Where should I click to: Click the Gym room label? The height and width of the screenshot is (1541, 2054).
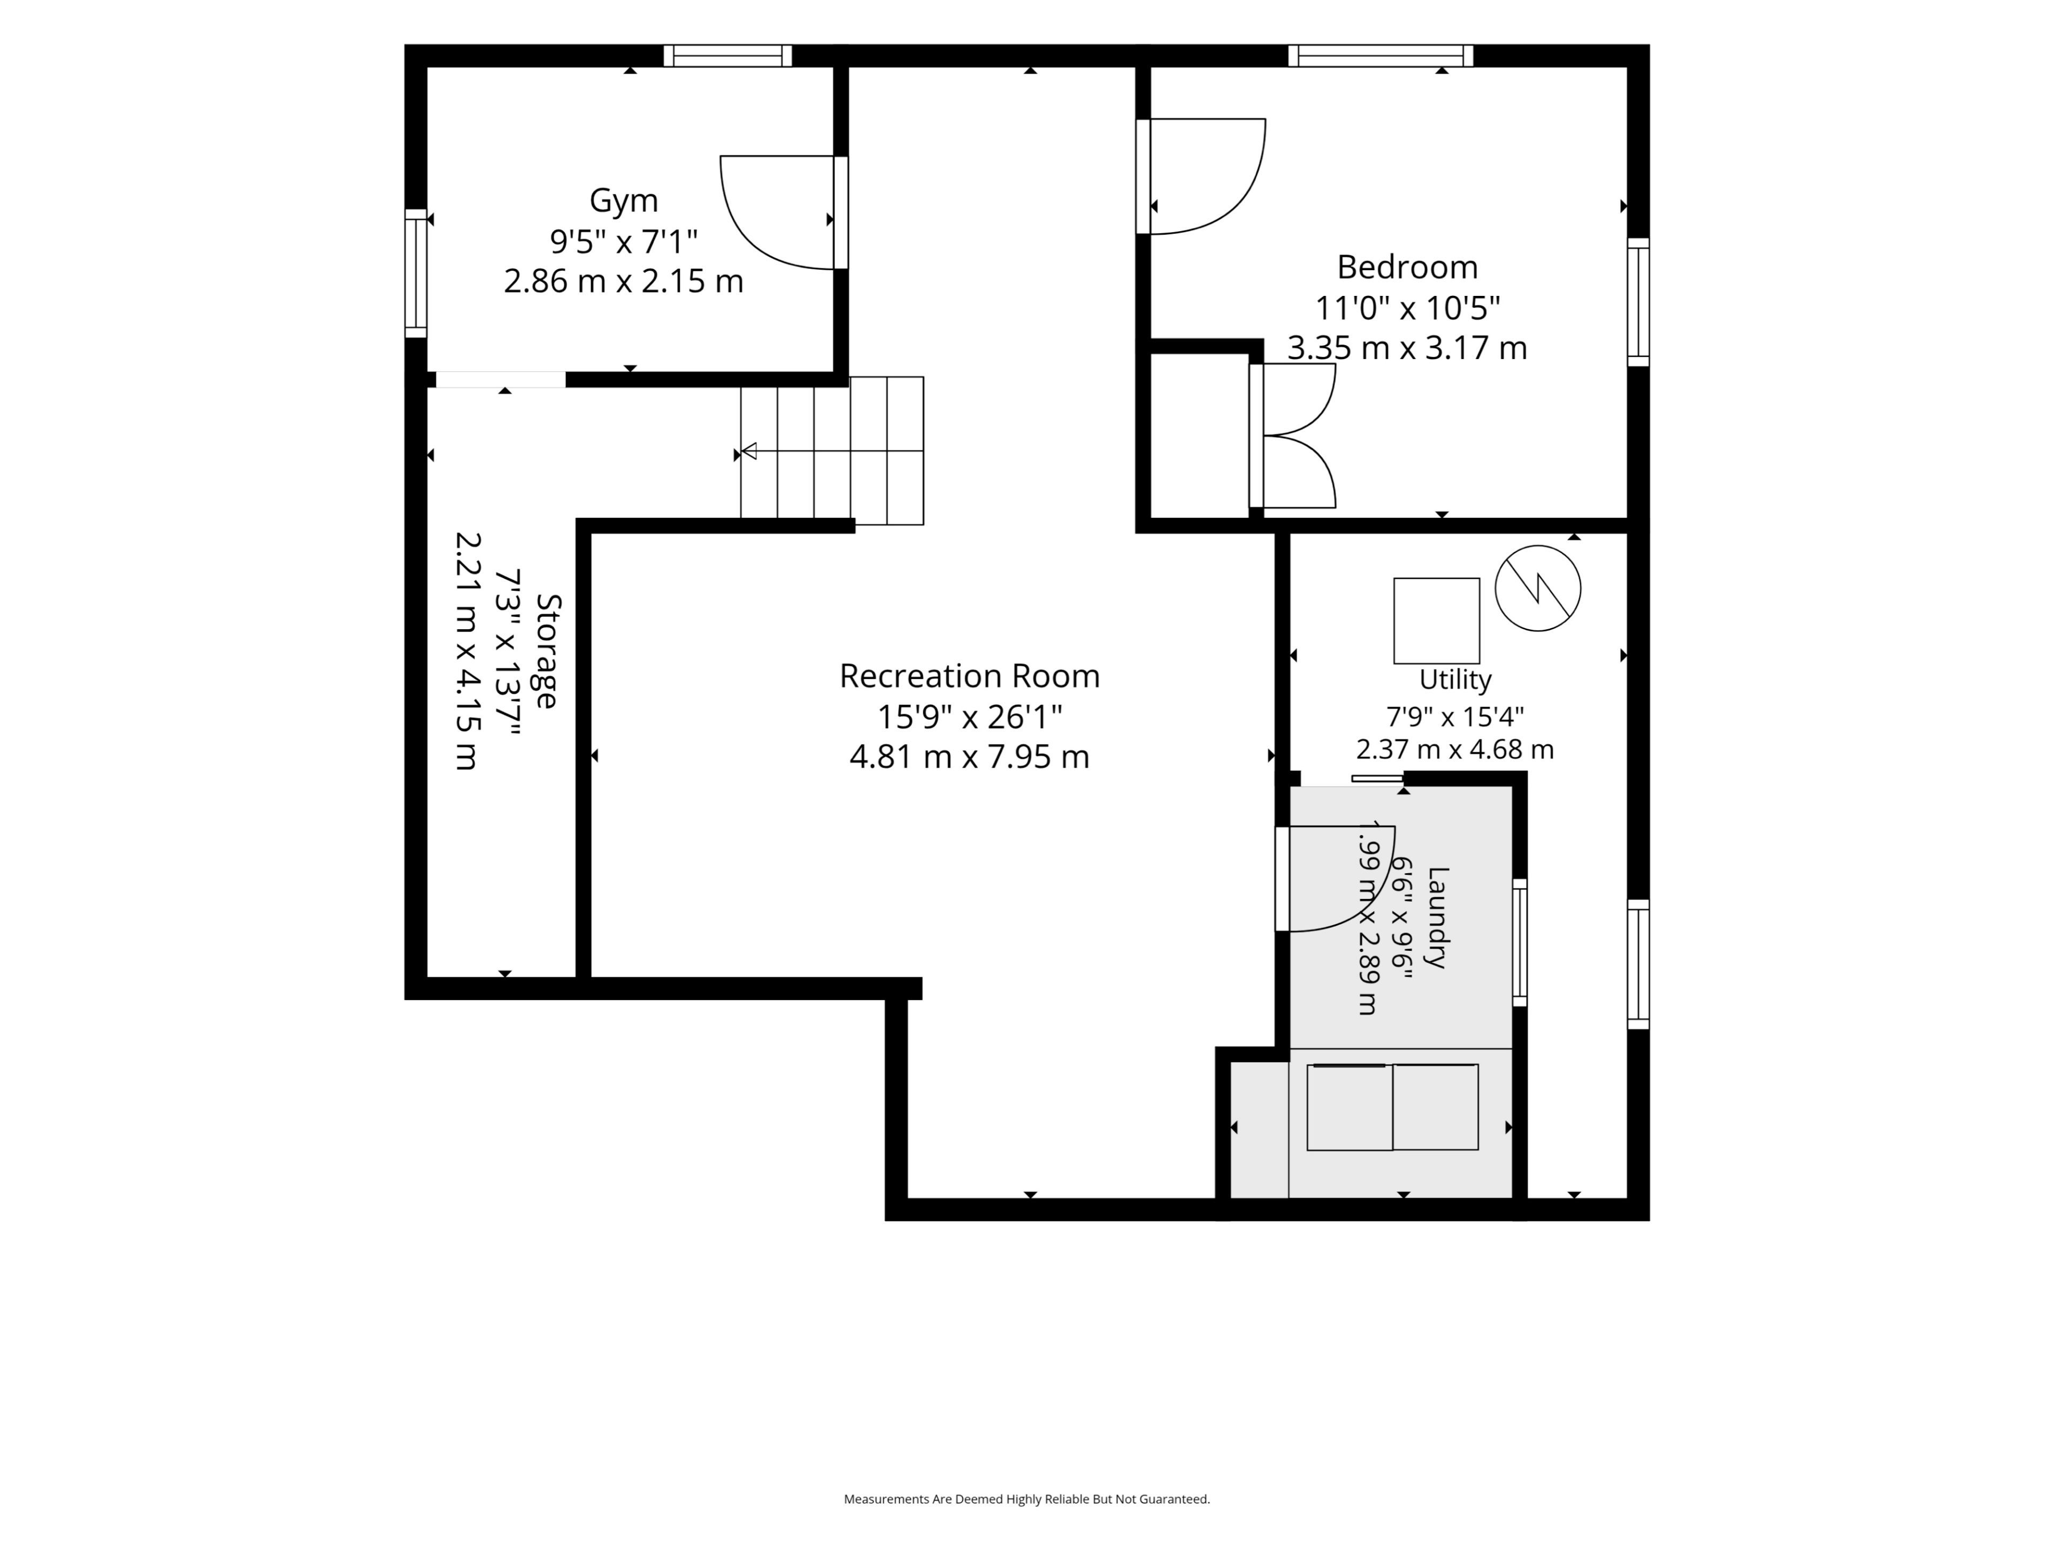pyautogui.click(x=623, y=201)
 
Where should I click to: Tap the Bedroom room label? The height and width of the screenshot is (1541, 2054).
pyautogui.click(x=1407, y=268)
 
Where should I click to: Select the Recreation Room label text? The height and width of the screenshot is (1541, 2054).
pyautogui.click(x=969, y=676)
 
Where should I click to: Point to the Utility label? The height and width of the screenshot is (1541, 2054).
pyautogui.click(x=1455, y=680)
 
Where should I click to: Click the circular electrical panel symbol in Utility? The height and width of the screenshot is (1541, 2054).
pyautogui.click(x=1538, y=588)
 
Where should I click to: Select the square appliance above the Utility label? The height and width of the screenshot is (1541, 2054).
pyautogui.click(x=1437, y=621)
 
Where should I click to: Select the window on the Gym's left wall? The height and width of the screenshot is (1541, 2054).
pyautogui.click(x=416, y=273)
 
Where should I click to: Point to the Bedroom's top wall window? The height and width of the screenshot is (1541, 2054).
pyautogui.click(x=1381, y=56)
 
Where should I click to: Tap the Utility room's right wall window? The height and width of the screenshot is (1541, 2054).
pyautogui.click(x=1638, y=964)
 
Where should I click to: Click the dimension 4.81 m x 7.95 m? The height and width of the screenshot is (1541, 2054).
pyautogui.click(x=969, y=757)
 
